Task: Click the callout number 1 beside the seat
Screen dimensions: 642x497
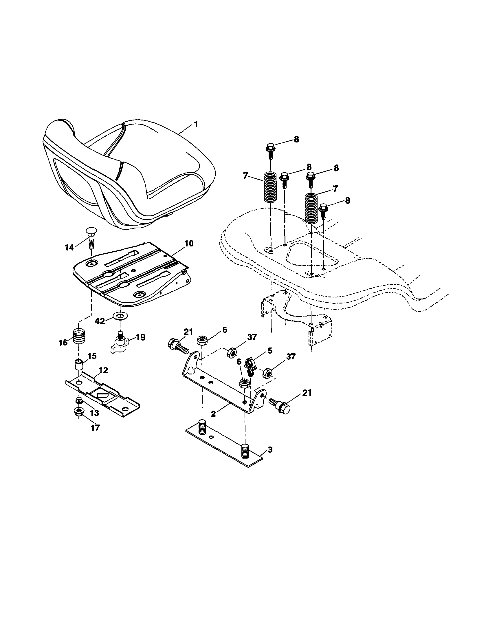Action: [195, 124]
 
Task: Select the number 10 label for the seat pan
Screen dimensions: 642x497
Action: [189, 244]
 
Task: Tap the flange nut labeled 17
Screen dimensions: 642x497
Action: [79, 411]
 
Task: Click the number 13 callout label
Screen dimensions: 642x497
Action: [95, 413]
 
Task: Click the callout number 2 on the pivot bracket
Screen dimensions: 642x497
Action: [214, 414]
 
